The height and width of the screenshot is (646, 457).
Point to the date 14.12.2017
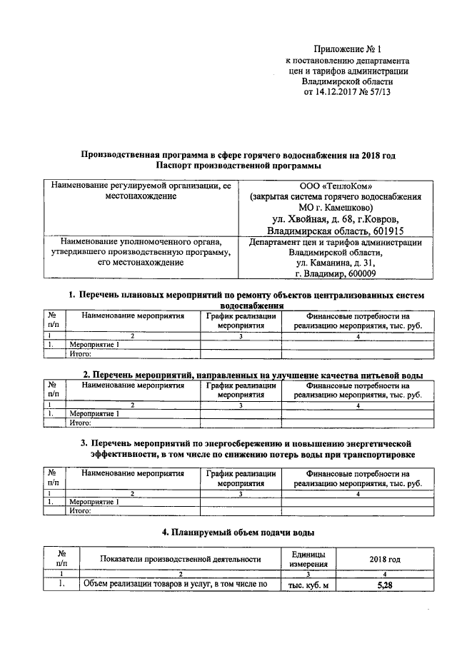pyautogui.click(x=337, y=92)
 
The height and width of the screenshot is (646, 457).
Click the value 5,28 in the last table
pyautogui.click(x=385, y=586)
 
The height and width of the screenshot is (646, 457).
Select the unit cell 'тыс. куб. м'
pyautogui.click(x=308, y=586)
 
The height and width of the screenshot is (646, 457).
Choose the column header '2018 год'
pyautogui.click(x=385, y=559)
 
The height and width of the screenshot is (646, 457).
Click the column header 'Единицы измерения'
pyautogui.click(x=308, y=559)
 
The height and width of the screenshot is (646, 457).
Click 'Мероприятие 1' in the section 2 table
pyautogui.click(x=94, y=413)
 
